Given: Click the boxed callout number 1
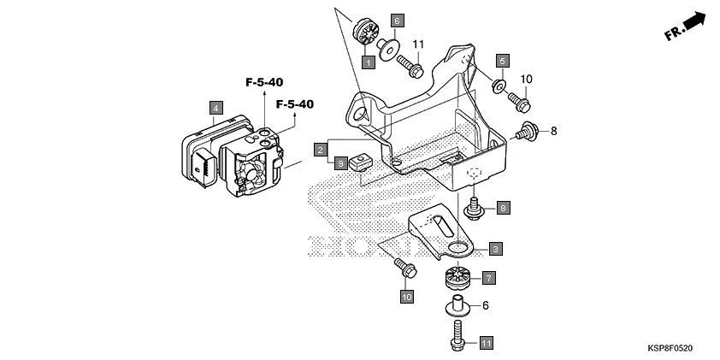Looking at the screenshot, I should point(367,62).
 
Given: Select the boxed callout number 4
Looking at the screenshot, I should point(217,108).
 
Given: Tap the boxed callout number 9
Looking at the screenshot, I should point(340,162).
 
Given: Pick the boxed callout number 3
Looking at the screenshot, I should point(495,249).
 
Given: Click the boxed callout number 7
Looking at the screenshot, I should point(488,278).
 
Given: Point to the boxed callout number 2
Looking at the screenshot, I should point(319,149).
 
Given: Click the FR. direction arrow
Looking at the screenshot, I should point(688,27).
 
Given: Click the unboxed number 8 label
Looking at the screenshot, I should point(553,131).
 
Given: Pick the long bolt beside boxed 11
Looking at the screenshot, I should point(456,334).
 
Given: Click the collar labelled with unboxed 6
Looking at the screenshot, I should point(459,304).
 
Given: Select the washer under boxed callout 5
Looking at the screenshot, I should point(498,85).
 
